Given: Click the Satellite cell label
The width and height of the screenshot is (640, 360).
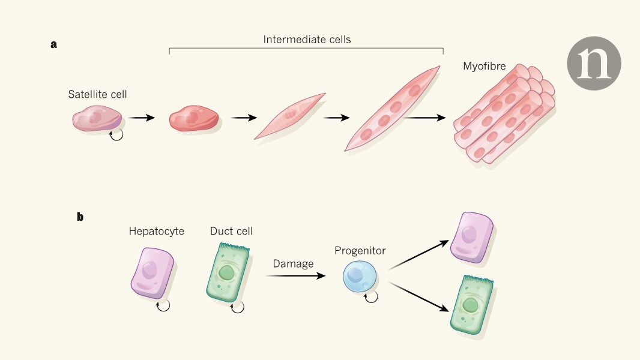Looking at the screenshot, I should [x=98, y=94].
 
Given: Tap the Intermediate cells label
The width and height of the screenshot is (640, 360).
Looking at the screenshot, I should [x=307, y=40].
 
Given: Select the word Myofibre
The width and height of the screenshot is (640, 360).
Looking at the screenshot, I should [x=484, y=67].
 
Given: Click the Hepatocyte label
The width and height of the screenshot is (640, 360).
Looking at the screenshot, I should [x=156, y=231].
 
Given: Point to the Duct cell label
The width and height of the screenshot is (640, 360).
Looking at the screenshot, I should [x=231, y=231].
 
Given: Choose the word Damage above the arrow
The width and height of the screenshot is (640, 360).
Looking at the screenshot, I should [x=293, y=263].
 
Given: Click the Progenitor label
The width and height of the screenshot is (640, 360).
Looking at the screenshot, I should [x=360, y=250].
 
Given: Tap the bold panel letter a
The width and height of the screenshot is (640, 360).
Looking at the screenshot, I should [x=53, y=44].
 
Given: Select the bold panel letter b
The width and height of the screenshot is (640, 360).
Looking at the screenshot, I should [x=80, y=217].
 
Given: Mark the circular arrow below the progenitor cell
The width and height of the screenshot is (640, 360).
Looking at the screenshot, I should [x=372, y=296].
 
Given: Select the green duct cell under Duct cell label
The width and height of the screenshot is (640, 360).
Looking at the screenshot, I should [x=227, y=273].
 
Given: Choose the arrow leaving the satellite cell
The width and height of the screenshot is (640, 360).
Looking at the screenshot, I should [x=142, y=118].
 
